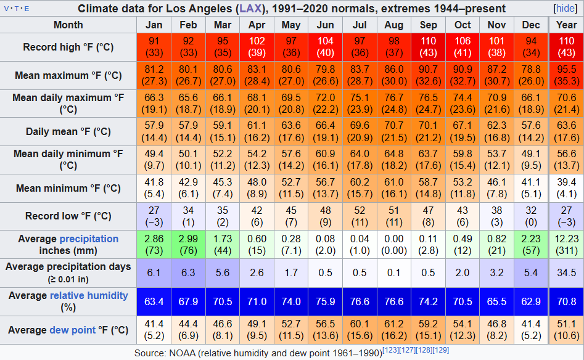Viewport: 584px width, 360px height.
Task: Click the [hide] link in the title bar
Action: pos(565,9)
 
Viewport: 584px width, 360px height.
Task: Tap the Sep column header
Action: pos(428,25)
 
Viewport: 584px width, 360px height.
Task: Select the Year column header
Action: pos(566,25)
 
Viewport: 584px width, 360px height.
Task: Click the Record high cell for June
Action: pos(325,47)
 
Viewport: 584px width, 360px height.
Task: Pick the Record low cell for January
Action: pos(154,216)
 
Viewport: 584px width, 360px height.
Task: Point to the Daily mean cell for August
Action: pos(393,131)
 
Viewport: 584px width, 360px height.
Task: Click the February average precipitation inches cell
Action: pos(188,244)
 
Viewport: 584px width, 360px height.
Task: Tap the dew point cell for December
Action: pos(530,330)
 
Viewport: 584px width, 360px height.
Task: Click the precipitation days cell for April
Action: pos(257,272)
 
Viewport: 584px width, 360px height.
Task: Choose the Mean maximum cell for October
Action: pos(463,75)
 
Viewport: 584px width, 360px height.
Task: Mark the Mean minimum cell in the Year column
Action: pos(566,188)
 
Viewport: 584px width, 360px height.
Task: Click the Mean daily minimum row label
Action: pos(68,160)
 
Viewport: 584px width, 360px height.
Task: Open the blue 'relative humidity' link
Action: pos(89,296)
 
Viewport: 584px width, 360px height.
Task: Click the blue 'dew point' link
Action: pos(73,330)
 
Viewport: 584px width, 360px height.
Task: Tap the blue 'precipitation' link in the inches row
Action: pos(89,239)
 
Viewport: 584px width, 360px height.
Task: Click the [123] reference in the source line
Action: pos(391,350)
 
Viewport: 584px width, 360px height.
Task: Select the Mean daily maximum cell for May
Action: pos(290,104)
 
